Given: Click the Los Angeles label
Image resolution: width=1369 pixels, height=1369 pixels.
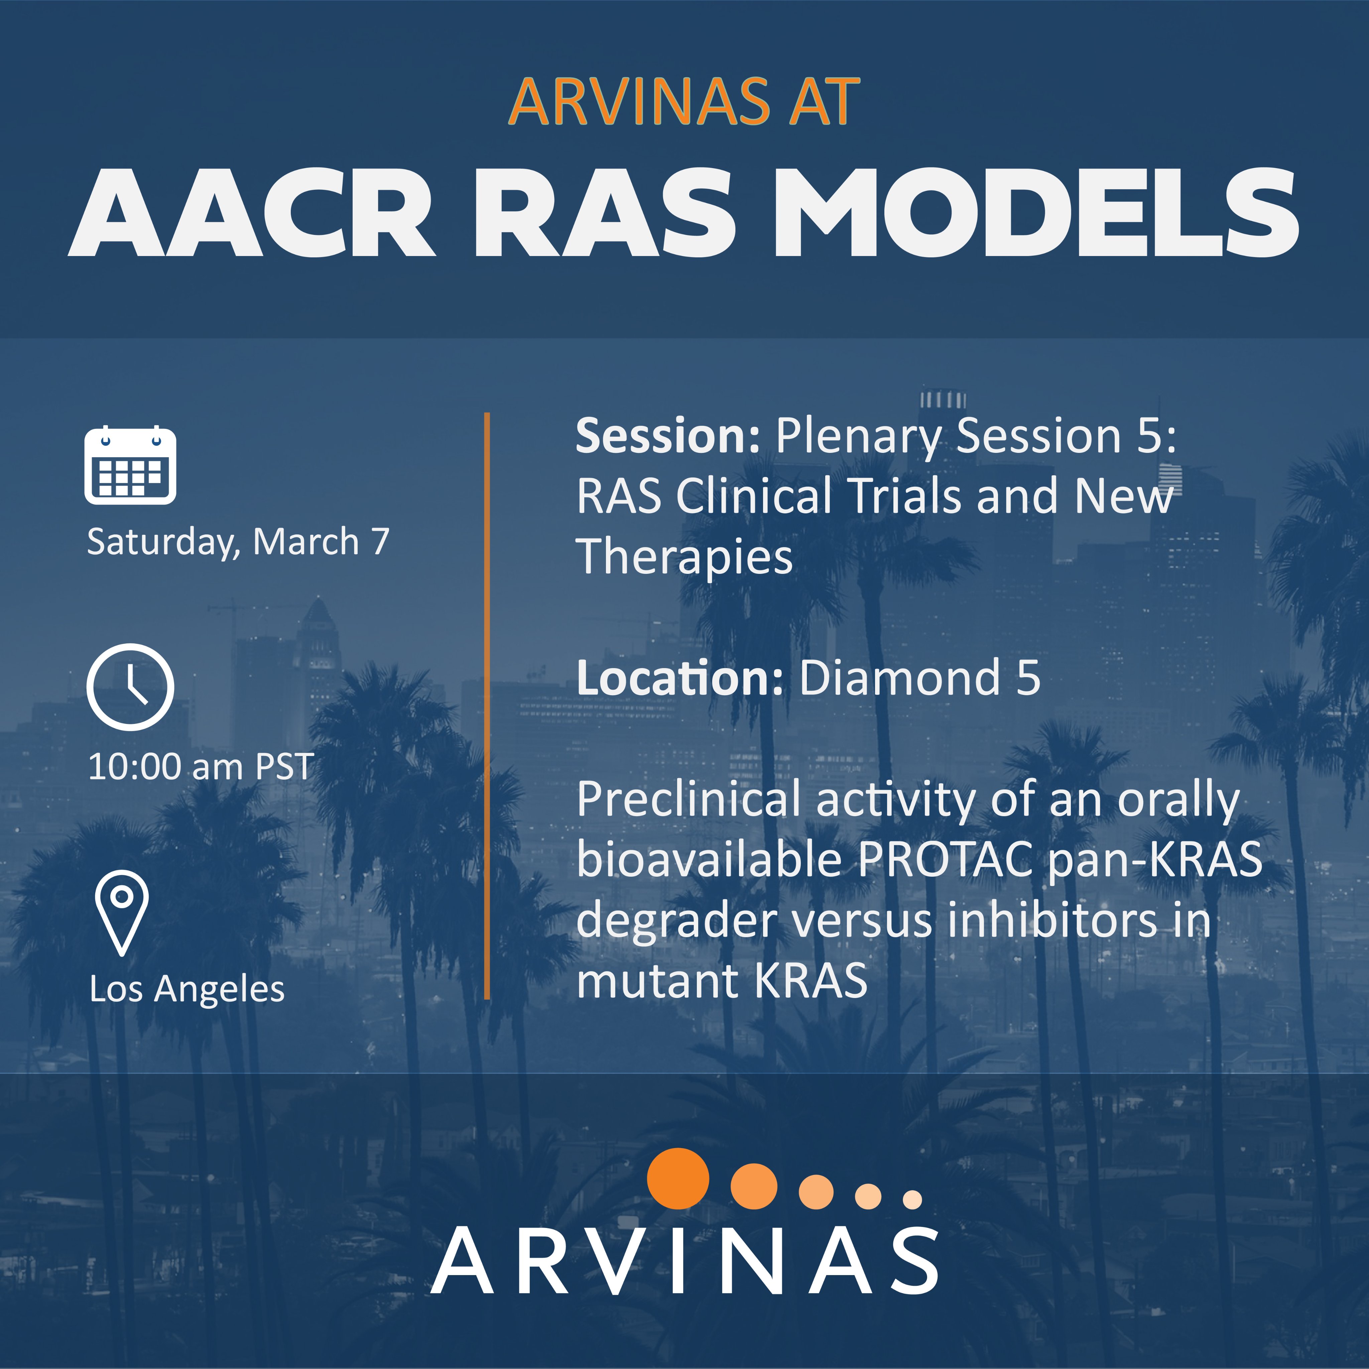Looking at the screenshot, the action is coord(187,989).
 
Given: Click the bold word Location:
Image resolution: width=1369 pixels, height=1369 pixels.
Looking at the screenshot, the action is coord(679,678).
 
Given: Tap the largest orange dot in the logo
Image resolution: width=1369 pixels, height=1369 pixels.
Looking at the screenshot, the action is coord(678,1178).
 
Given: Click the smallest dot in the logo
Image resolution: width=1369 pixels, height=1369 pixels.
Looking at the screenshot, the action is coord(913,1200).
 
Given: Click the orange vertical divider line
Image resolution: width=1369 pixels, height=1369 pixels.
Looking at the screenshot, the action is coord(488,706).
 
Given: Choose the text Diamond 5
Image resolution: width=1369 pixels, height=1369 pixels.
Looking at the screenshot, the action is coord(920,678).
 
